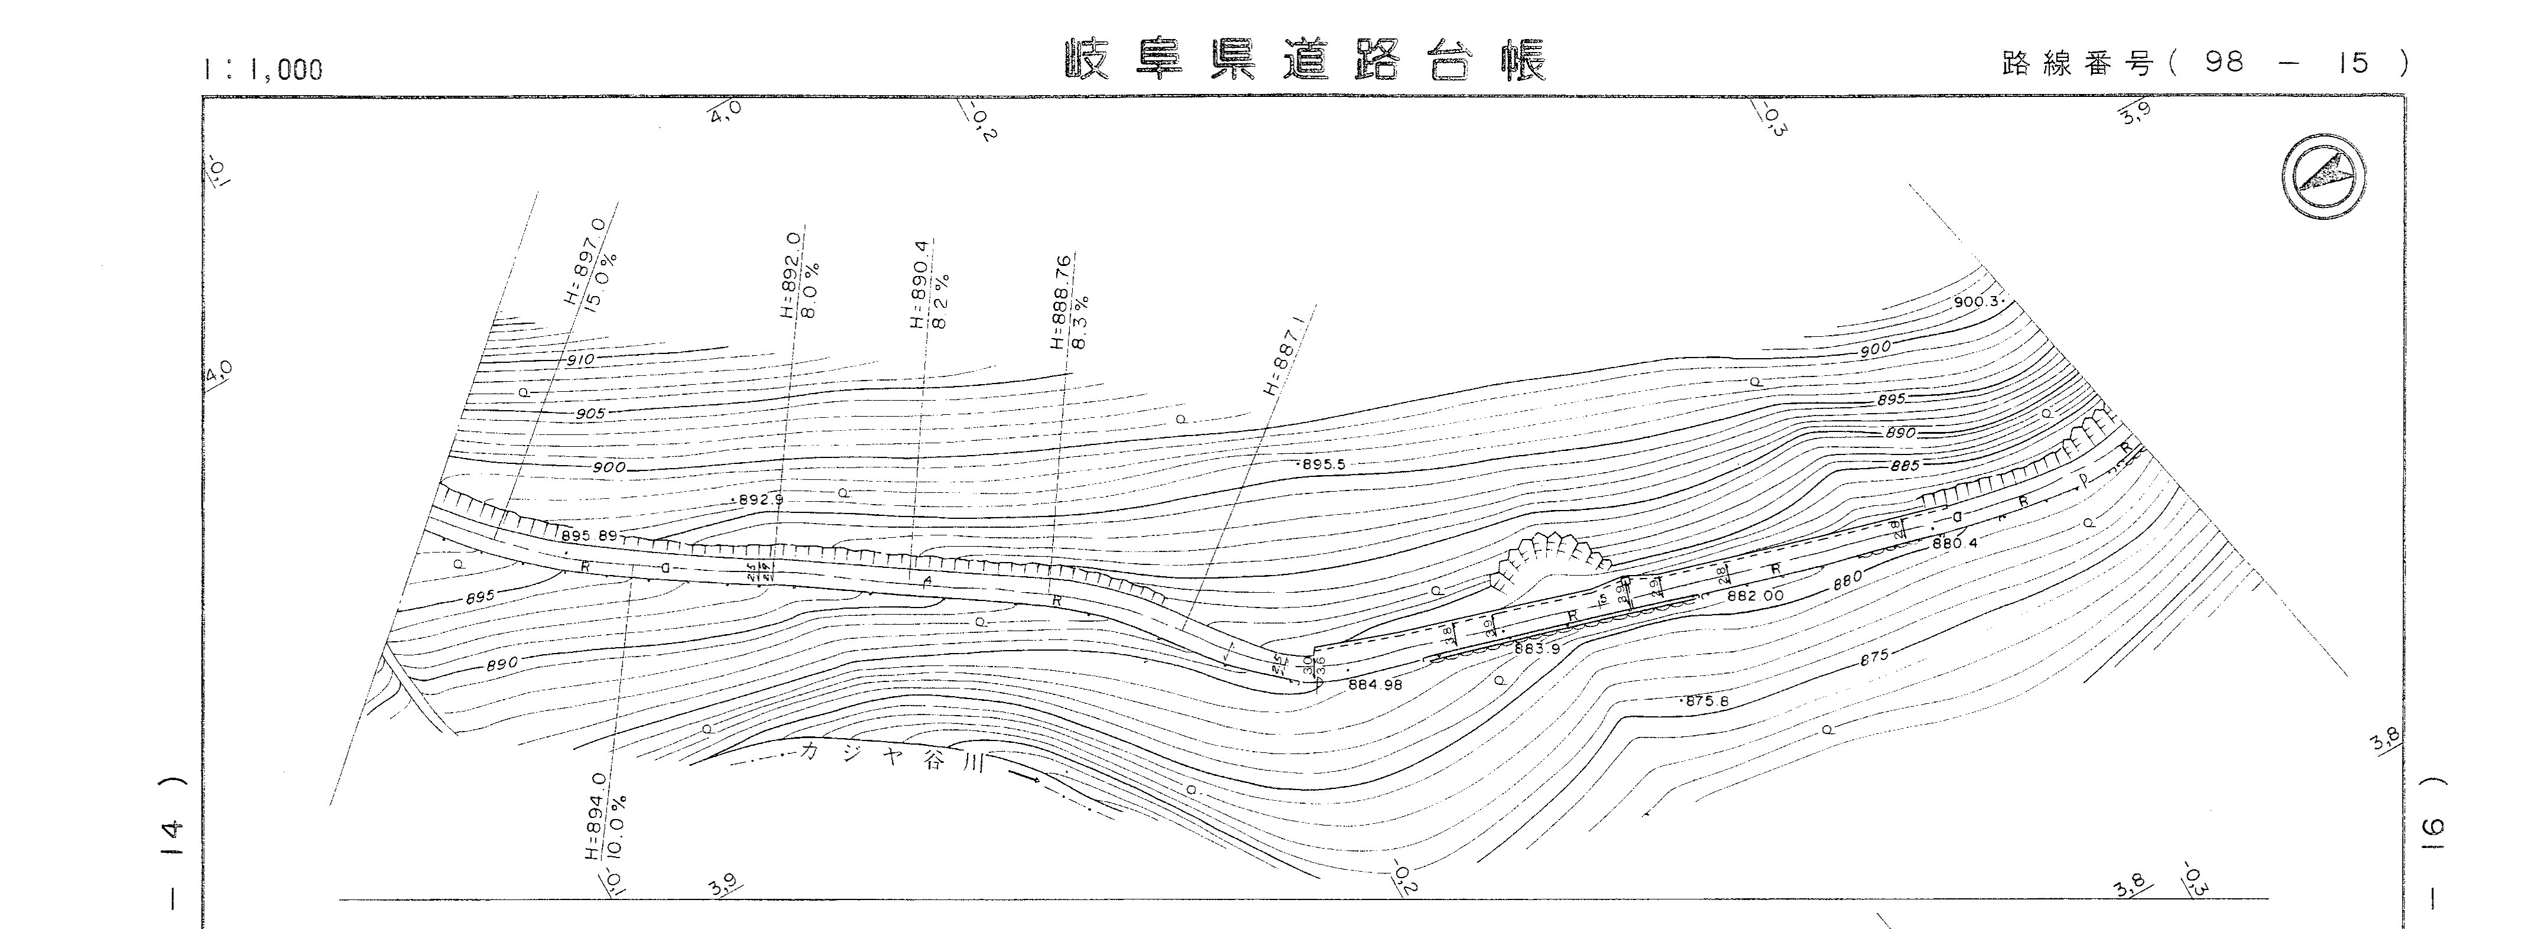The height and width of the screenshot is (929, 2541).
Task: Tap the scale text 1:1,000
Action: click(x=262, y=69)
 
